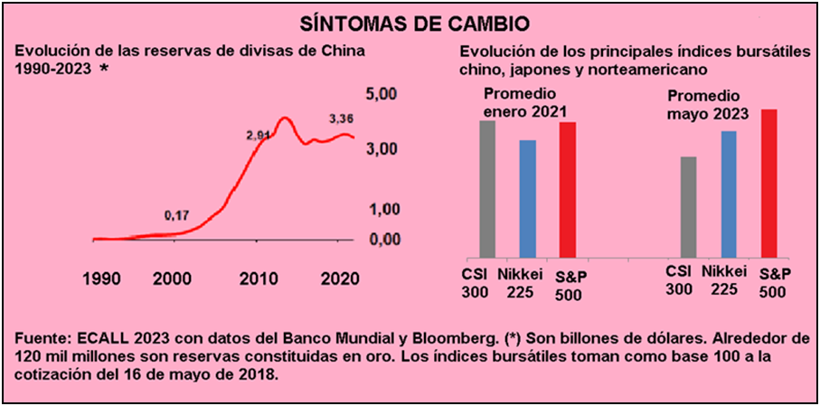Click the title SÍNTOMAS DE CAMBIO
tap(410, 20)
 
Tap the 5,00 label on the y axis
tap(382, 95)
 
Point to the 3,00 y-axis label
tap(382, 148)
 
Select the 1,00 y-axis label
tap(382, 209)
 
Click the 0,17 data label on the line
tap(176, 215)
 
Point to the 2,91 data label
tap(259, 136)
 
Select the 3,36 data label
tap(341, 118)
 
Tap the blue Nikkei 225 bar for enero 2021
tap(527, 198)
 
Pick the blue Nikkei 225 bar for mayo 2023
tap(729, 194)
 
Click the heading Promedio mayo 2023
tap(709, 105)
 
